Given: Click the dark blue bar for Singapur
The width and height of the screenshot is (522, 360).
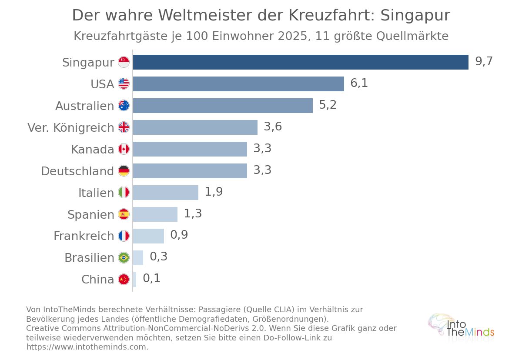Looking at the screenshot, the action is click(x=301, y=62).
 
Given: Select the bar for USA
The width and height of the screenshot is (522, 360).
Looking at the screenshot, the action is click(x=238, y=84).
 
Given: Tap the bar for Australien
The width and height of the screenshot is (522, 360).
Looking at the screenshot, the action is click(x=223, y=106).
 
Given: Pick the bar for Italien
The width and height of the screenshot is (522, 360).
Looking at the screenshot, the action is click(x=166, y=193).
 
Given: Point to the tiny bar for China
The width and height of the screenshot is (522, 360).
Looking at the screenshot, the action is click(x=134, y=280).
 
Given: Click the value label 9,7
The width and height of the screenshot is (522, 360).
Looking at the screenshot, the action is click(x=484, y=61).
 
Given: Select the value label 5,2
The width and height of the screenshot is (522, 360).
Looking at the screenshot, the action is click(x=328, y=105).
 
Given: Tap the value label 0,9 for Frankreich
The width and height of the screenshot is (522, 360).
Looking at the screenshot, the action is click(x=179, y=235).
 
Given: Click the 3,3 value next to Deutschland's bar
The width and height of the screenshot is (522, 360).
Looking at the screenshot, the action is click(x=262, y=170).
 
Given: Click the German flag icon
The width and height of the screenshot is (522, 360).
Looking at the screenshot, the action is click(x=124, y=171).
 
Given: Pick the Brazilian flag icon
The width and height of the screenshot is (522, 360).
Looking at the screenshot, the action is click(x=124, y=257).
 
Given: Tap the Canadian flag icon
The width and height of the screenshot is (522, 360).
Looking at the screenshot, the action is click(x=124, y=149).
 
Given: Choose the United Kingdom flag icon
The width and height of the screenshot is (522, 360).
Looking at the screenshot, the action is click(x=124, y=127).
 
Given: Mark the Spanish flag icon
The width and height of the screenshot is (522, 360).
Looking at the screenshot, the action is click(x=124, y=214).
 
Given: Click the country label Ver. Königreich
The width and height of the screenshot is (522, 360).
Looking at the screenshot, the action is click(x=71, y=127).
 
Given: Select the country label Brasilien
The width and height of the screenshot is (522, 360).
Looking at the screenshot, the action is click(x=89, y=257).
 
